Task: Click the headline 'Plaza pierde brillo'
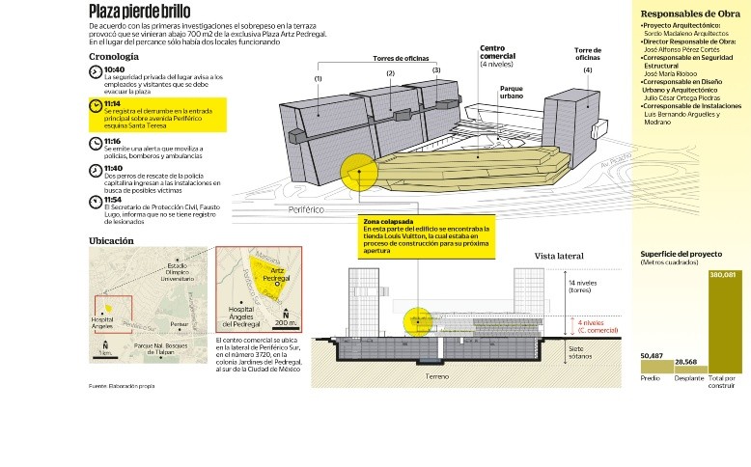coord(139,12)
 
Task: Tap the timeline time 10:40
coord(115,70)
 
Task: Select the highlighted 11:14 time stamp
coord(115,102)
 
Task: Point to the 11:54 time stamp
coord(115,199)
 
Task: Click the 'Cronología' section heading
coord(113,56)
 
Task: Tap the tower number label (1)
coord(318,77)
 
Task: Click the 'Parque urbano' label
coord(512,91)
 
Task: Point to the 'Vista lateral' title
coord(560,256)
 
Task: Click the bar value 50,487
coord(652,356)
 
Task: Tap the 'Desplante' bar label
coord(688,379)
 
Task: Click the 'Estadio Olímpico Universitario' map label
coord(177,272)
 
